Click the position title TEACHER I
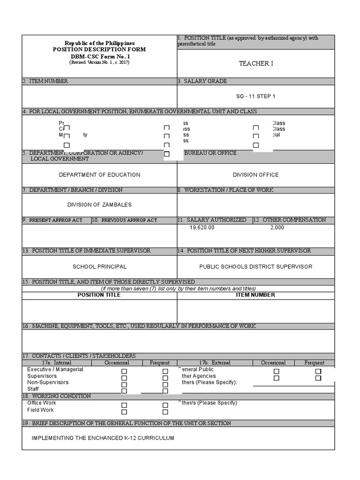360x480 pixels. coord(256,63)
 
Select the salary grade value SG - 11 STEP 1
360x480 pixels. coord(256,96)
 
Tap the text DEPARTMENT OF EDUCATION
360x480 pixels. coord(99,175)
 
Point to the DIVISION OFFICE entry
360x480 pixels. coord(256,175)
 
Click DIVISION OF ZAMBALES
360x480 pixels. coord(99,204)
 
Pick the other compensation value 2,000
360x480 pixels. coord(277,228)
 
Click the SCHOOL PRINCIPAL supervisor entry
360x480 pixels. coord(99,267)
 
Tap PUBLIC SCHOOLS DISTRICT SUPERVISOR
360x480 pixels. coord(256,267)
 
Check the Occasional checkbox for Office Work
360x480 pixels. coord(124,405)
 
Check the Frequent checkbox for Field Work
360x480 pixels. coord(165,412)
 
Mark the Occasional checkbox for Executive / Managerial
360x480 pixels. coord(124,371)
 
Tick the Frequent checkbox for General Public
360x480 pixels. coord(318,371)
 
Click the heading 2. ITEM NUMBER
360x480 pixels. coord(45,81)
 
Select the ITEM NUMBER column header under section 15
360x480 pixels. coord(256,295)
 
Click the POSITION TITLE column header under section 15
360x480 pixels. coord(99,295)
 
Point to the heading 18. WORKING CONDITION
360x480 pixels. coord(57,396)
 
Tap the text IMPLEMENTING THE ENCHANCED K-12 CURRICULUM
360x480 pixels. coord(103,438)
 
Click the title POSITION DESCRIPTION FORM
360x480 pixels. coord(99,50)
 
